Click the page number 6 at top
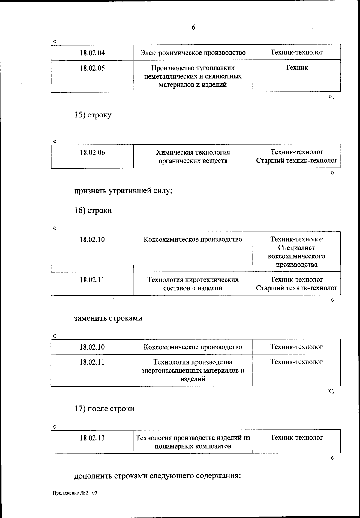pyautogui.click(x=193, y=27)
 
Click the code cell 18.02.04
pyautogui.click(x=92, y=53)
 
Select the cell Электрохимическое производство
pyautogui.click(x=193, y=53)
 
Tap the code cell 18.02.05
pyautogui.click(x=92, y=68)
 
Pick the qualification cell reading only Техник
pyautogui.click(x=296, y=68)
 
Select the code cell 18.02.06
pyautogui.click(x=92, y=153)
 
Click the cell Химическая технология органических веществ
pyautogui.click(x=193, y=156)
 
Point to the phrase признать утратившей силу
pyautogui.click(x=123, y=191)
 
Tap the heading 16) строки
pyautogui.click(x=93, y=210)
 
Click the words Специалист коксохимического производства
pyautogui.click(x=296, y=256)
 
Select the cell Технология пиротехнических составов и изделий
pyautogui.click(x=193, y=284)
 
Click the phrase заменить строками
pyautogui.click(x=108, y=318)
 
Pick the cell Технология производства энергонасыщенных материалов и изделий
pyautogui.click(x=193, y=370)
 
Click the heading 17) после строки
pyautogui.click(x=104, y=409)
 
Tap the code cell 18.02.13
pyautogui.click(x=92, y=438)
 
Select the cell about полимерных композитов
pyautogui.click(x=193, y=442)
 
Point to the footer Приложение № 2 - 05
pyautogui.click(x=75, y=493)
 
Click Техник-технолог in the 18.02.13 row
pyautogui.click(x=296, y=438)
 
